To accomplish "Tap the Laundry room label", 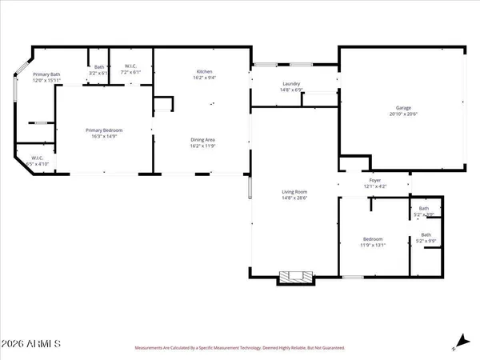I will (x=290, y=84).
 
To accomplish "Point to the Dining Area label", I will (x=202, y=140).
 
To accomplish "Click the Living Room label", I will (x=294, y=192).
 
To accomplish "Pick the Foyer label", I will (x=374, y=181).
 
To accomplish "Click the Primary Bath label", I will (x=47, y=74).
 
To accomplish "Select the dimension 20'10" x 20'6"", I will (x=403, y=114).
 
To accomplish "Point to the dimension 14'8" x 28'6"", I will (x=294, y=198).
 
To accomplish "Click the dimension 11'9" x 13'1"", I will (x=373, y=246).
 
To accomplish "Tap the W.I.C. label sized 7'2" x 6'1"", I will (x=130, y=67).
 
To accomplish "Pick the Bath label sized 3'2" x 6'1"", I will (x=99, y=67).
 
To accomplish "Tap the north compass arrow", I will (x=458, y=342).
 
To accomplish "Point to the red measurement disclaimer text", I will (x=239, y=349).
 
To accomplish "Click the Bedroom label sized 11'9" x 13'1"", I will (x=373, y=239).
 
